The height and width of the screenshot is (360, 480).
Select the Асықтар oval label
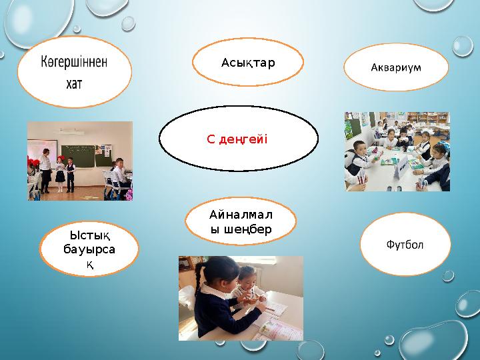pyautogui.click(x=248, y=63)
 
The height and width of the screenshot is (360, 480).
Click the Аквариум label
pyautogui.click(x=396, y=67)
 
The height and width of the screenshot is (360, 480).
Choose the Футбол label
pyautogui.click(x=405, y=244)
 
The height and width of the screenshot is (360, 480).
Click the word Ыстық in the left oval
pyautogui.click(x=89, y=234)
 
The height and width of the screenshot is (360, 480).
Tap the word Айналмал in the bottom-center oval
pyautogui.click(x=241, y=215)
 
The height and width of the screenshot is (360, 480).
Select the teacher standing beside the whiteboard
pyautogui.click(x=45, y=168)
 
